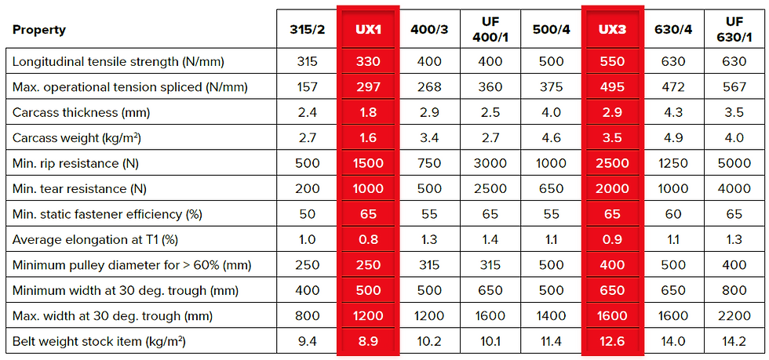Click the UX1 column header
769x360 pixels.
point(368,30)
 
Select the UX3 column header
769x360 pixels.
point(612,30)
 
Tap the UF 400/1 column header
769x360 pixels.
point(490,30)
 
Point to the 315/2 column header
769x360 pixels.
point(308,30)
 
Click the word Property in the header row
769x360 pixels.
point(39,30)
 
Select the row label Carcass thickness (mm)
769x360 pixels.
point(81,112)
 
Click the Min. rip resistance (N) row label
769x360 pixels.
point(87,163)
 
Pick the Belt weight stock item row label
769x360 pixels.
point(99,342)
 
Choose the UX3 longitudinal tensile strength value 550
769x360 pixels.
point(612,61)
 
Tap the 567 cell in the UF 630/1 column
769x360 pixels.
point(734,87)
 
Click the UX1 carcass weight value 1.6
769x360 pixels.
point(368,138)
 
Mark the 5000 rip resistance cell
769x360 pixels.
point(734,163)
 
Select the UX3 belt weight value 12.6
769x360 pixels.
point(612,342)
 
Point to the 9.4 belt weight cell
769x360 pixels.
point(308,342)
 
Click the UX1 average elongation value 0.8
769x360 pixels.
point(368,240)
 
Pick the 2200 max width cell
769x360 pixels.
point(734,316)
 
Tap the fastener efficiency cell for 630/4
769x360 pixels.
point(673,214)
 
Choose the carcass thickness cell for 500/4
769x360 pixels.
point(551,112)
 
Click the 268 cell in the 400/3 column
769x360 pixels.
point(429,87)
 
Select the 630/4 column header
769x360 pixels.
point(673,30)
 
